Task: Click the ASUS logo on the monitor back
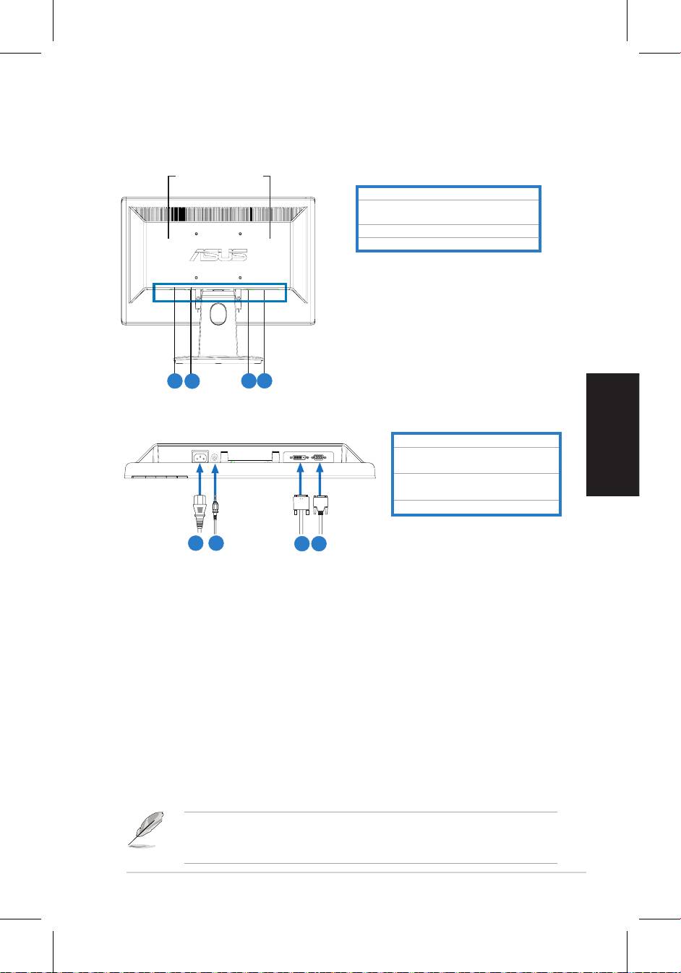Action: point(218,255)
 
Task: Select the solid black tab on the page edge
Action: point(612,434)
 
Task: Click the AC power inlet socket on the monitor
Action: point(200,457)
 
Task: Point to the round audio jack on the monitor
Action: point(215,457)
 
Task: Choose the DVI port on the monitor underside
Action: point(299,457)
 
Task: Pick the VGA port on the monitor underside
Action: point(319,457)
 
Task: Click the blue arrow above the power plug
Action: point(200,480)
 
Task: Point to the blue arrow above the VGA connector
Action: point(320,480)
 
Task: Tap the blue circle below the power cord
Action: point(196,543)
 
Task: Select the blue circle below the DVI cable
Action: point(302,543)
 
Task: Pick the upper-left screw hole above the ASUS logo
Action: point(197,234)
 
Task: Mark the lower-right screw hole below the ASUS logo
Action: point(240,276)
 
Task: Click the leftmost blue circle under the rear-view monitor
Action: point(174,381)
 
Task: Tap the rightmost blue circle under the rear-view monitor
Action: point(265,381)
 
